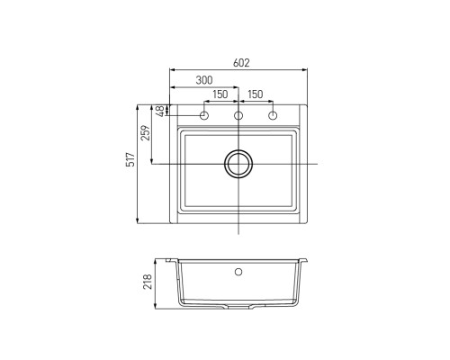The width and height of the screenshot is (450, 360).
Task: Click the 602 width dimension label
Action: pyautogui.click(x=241, y=63)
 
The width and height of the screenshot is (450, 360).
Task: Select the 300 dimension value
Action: pyautogui.click(x=204, y=80)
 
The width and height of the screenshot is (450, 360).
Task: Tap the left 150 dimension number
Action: pyautogui.click(x=220, y=94)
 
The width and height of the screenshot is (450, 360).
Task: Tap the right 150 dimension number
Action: pyautogui.click(x=256, y=94)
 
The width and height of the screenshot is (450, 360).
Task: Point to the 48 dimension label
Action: pyautogui.click(x=161, y=111)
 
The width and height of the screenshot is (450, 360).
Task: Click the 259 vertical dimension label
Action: pyautogui.click(x=146, y=133)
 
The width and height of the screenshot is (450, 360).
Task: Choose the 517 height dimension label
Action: pyautogui.click(x=131, y=159)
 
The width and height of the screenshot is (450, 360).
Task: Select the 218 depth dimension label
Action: pyautogui.click(x=148, y=282)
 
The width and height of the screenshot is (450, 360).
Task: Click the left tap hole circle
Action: pyautogui.click(x=204, y=115)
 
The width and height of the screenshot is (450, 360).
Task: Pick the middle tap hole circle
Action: pyautogui.click(x=238, y=115)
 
